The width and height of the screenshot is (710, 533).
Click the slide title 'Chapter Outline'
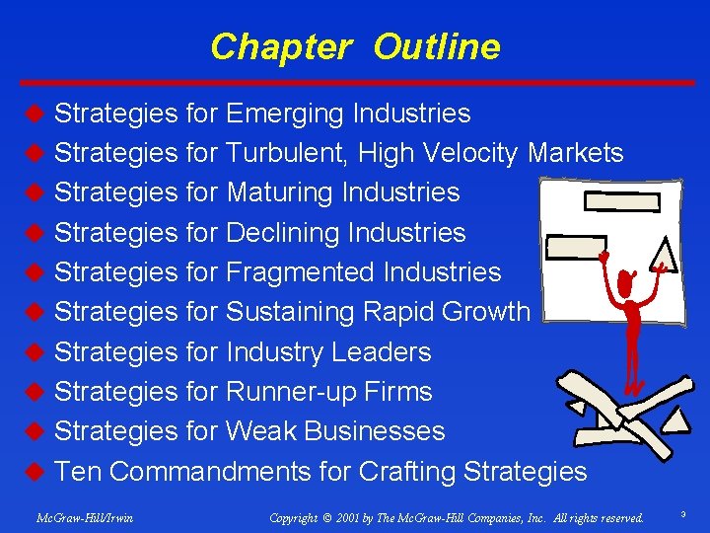click(x=355, y=46)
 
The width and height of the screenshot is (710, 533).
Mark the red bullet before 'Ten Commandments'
click(x=34, y=472)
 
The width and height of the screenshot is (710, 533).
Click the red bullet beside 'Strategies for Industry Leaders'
click(x=34, y=352)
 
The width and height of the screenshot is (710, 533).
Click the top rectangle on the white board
click(x=621, y=201)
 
